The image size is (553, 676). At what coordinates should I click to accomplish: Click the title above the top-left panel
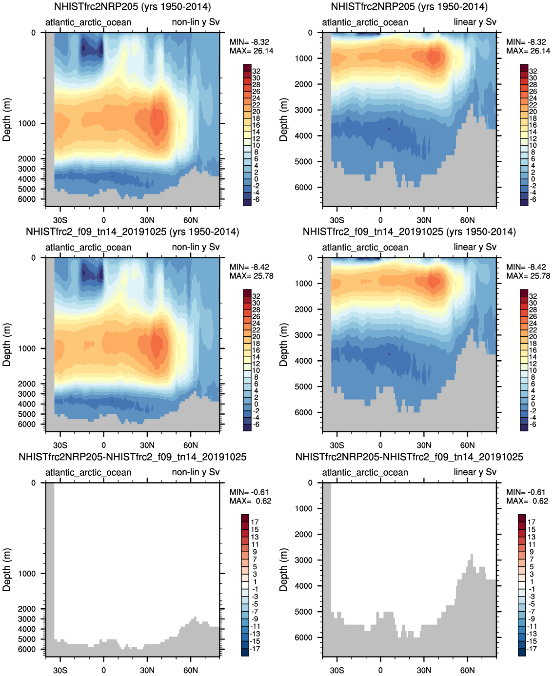(132, 7)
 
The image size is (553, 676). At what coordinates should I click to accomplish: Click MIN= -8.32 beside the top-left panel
(249, 42)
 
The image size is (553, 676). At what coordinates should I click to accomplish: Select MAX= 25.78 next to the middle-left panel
(252, 276)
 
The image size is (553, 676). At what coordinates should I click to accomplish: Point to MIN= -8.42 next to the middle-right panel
(526, 267)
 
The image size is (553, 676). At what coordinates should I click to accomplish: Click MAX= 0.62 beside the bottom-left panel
(250, 501)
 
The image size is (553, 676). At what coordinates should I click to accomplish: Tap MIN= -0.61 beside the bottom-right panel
(526, 492)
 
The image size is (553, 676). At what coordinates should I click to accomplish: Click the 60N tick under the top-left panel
(191, 220)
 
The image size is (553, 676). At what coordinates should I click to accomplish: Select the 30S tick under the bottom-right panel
(337, 670)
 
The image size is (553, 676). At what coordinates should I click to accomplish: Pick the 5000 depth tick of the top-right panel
(303, 161)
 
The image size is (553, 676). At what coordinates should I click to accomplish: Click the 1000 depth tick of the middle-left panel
(27, 348)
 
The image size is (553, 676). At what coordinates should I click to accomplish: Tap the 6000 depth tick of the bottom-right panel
(303, 637)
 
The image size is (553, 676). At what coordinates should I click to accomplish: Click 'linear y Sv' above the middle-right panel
(474, 247)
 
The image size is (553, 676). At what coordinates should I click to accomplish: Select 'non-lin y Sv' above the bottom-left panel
(196, 472)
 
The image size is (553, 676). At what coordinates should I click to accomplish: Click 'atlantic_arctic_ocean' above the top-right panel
(365, 22)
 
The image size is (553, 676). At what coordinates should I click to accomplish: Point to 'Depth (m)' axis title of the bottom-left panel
(7, 570)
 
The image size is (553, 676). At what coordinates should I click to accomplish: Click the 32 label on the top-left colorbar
(256, 71)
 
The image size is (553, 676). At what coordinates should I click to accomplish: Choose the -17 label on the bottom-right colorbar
(532, 649)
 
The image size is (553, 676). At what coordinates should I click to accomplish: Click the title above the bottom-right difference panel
(409, 457)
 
